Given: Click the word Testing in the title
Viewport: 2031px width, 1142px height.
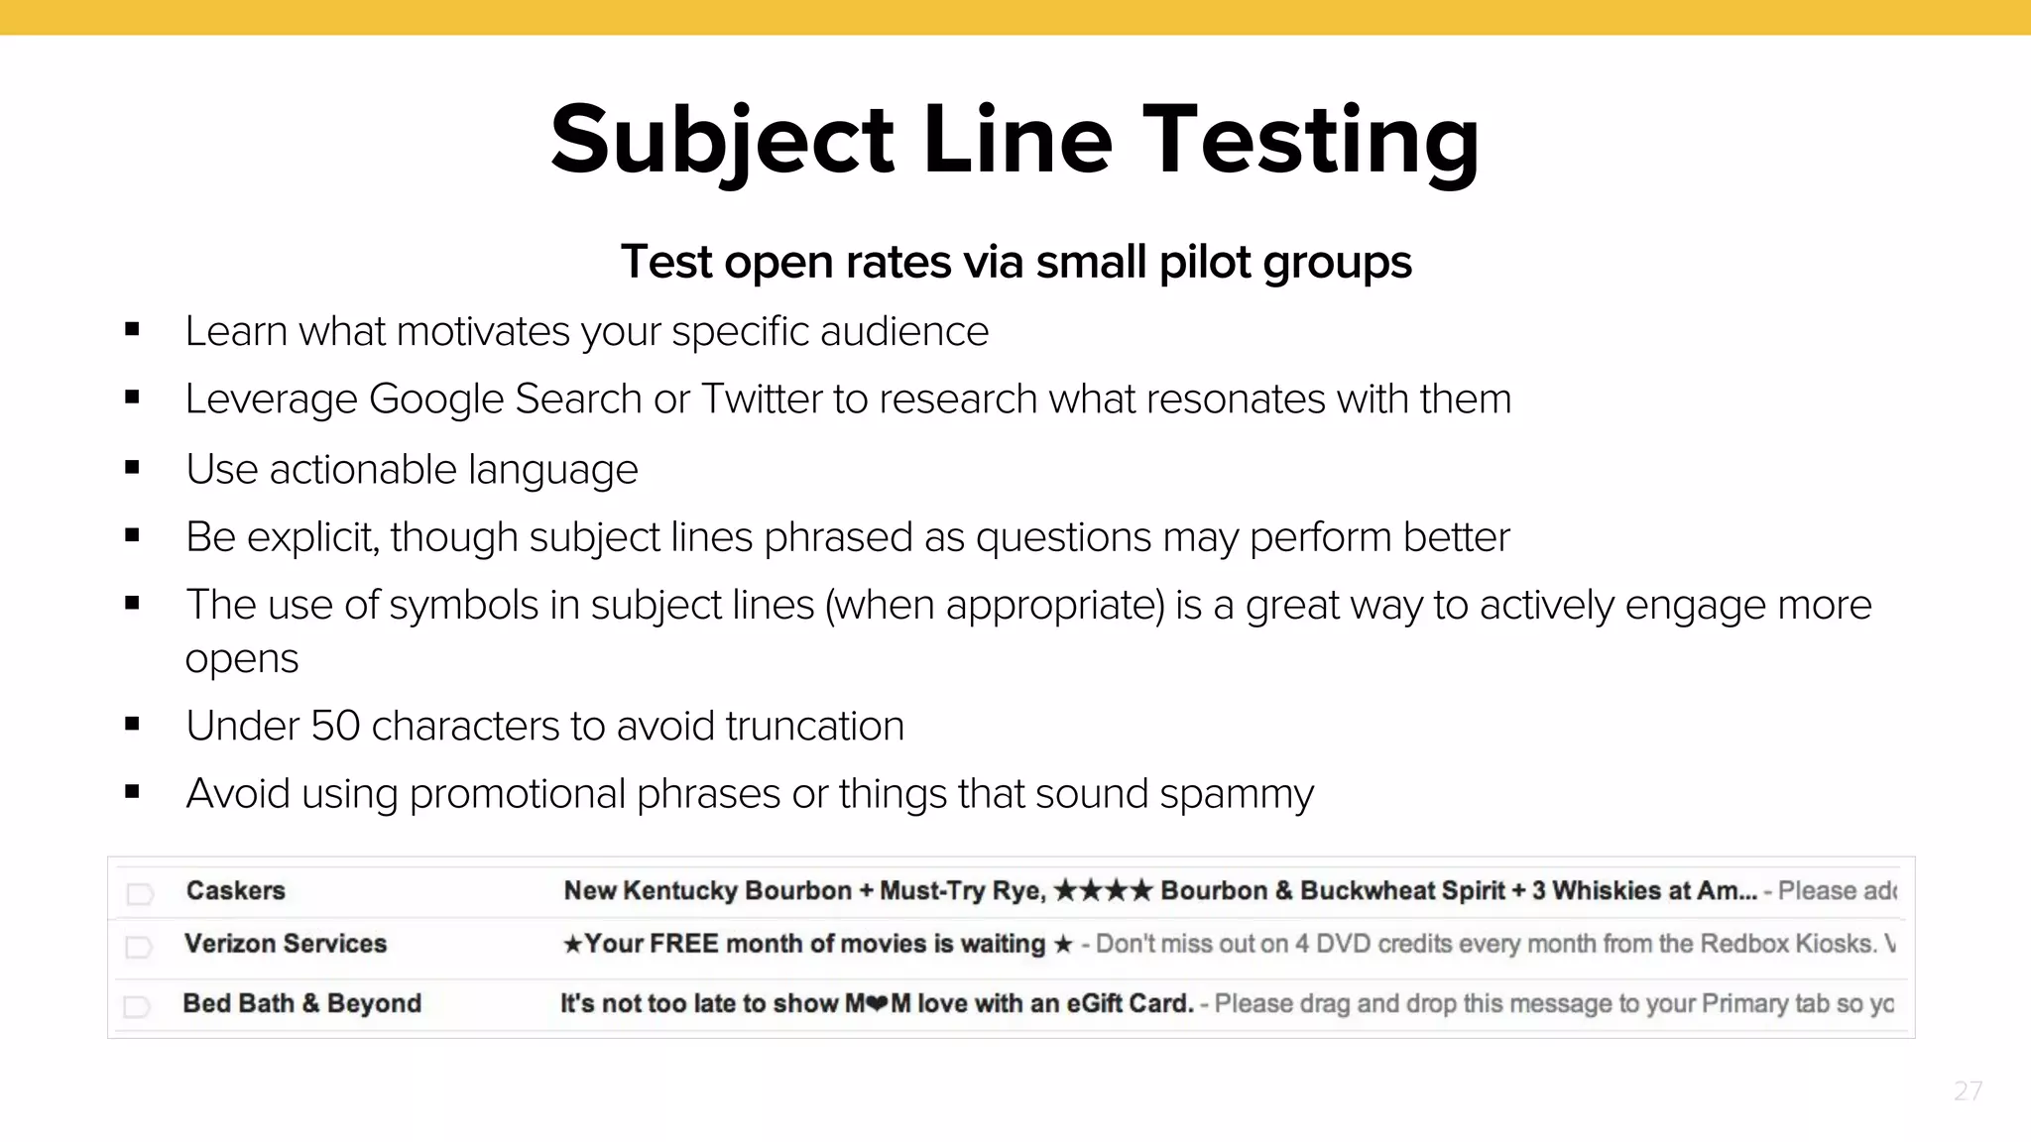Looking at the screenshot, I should coord(1311,141).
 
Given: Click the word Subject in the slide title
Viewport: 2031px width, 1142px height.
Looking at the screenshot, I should coord(722,141).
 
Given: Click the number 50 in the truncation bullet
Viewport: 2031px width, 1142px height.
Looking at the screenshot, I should coord(335,727).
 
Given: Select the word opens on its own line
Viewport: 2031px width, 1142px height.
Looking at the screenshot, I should coord(242,659).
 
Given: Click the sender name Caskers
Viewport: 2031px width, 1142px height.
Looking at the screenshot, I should coord(235,890).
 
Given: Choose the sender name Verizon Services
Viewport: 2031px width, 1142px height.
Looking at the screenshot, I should coord(286,944).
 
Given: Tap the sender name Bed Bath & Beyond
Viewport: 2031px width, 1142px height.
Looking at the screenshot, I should coord(301,1003).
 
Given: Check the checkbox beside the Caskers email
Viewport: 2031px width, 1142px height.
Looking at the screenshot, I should coord(140,894).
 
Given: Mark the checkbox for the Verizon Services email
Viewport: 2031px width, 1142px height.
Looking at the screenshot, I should coord(139,948).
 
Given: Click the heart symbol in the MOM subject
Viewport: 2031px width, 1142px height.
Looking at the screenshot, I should coord(877,1004).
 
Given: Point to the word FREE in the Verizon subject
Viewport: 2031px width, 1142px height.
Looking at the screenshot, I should coord(684,944).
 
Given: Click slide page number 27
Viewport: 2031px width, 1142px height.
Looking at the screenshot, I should coord(1968,1091).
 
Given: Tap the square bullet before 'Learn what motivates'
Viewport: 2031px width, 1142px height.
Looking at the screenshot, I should coord(132,330).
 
